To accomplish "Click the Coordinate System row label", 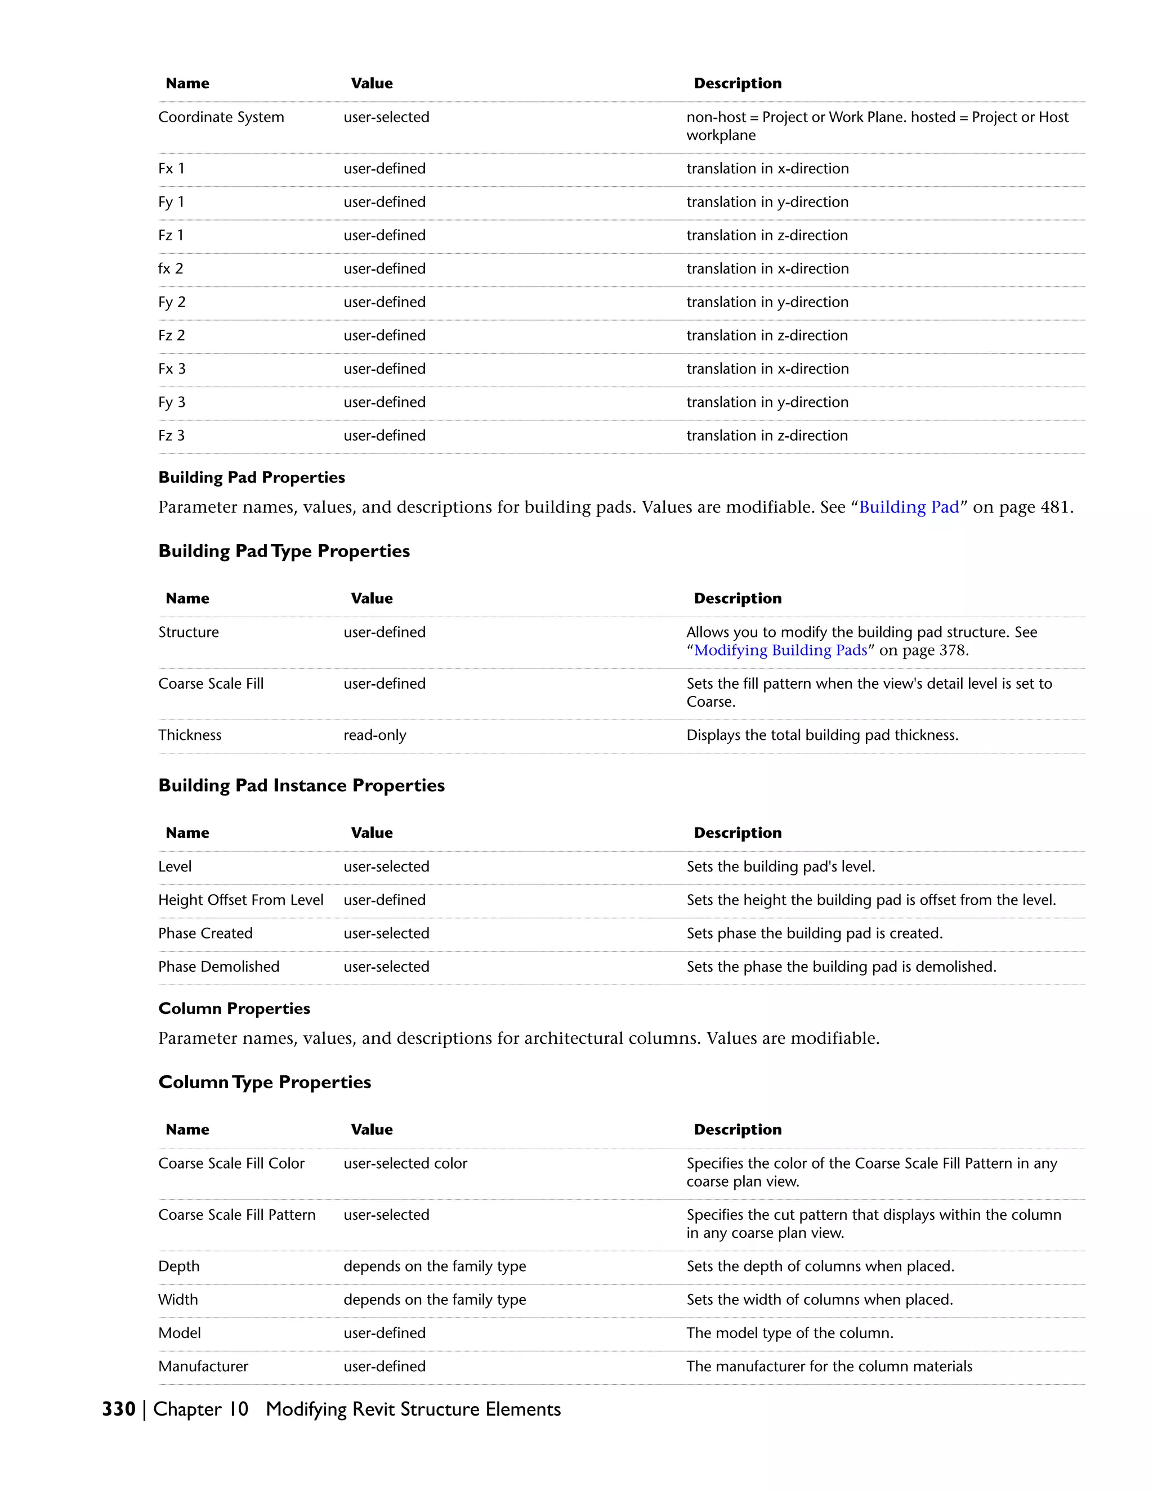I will coord(221,118).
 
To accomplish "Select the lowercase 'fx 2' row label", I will coord(171,269).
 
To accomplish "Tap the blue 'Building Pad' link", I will coord(909,508).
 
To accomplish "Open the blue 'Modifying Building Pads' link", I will coord(780,650).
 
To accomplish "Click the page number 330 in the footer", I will coord(118,1409).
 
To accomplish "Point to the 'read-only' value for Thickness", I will coord(374,735).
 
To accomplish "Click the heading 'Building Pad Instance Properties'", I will coord(301,786).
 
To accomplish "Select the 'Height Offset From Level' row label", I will coord(240,900).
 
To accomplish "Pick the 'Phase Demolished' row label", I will coord(218,967).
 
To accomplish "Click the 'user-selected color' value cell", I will coord(405,1164).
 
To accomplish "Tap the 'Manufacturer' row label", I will coord(203,1367).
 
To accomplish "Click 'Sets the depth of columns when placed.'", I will coord(820,1267).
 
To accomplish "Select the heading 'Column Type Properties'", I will coord(265,1083).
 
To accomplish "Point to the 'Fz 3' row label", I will coord(172,435).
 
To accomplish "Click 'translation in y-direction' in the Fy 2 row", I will coord(767,303).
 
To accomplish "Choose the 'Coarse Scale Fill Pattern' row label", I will coord(236,1215).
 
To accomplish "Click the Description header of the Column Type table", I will coord(737,1130).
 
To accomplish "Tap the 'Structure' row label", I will coord(189,633).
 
